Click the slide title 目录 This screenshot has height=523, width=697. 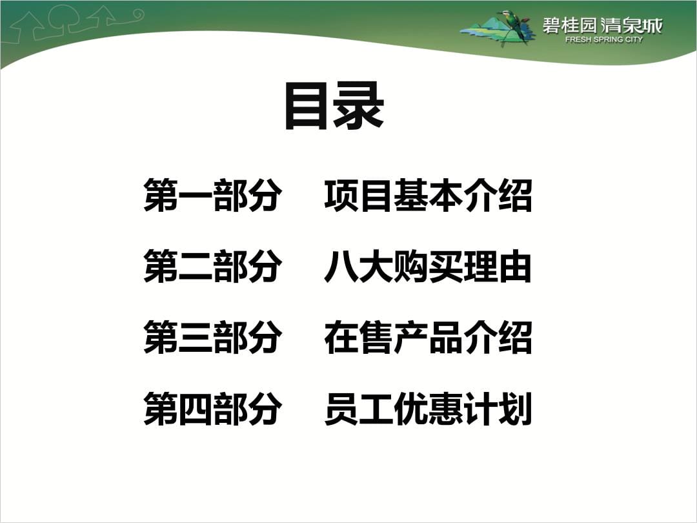click(334, 106)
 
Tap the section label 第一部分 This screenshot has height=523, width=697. click(212, 195)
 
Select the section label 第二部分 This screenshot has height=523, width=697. click(212, 266)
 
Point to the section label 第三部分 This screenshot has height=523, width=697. click(212, 337)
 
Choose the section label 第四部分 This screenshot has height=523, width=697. click(212, 408)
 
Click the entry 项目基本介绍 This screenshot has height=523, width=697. click(428, 195)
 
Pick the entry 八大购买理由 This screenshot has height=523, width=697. click(428, 266)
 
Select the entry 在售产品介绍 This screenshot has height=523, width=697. click(428, 337)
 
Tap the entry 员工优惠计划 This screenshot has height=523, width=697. click(428, 408)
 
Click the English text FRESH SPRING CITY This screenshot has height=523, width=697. click(603, 39)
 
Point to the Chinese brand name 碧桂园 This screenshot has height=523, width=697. click(570, 25)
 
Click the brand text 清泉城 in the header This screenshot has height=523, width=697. click(632, 25)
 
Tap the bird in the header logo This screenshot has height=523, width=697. click(514, 25)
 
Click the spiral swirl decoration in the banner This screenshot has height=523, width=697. click(136, 15)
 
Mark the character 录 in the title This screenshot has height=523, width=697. click(359, 106)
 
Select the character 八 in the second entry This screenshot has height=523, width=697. click(341, 267)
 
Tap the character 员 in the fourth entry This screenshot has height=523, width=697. click(341, 408)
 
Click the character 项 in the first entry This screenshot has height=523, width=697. click(341, 195)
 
